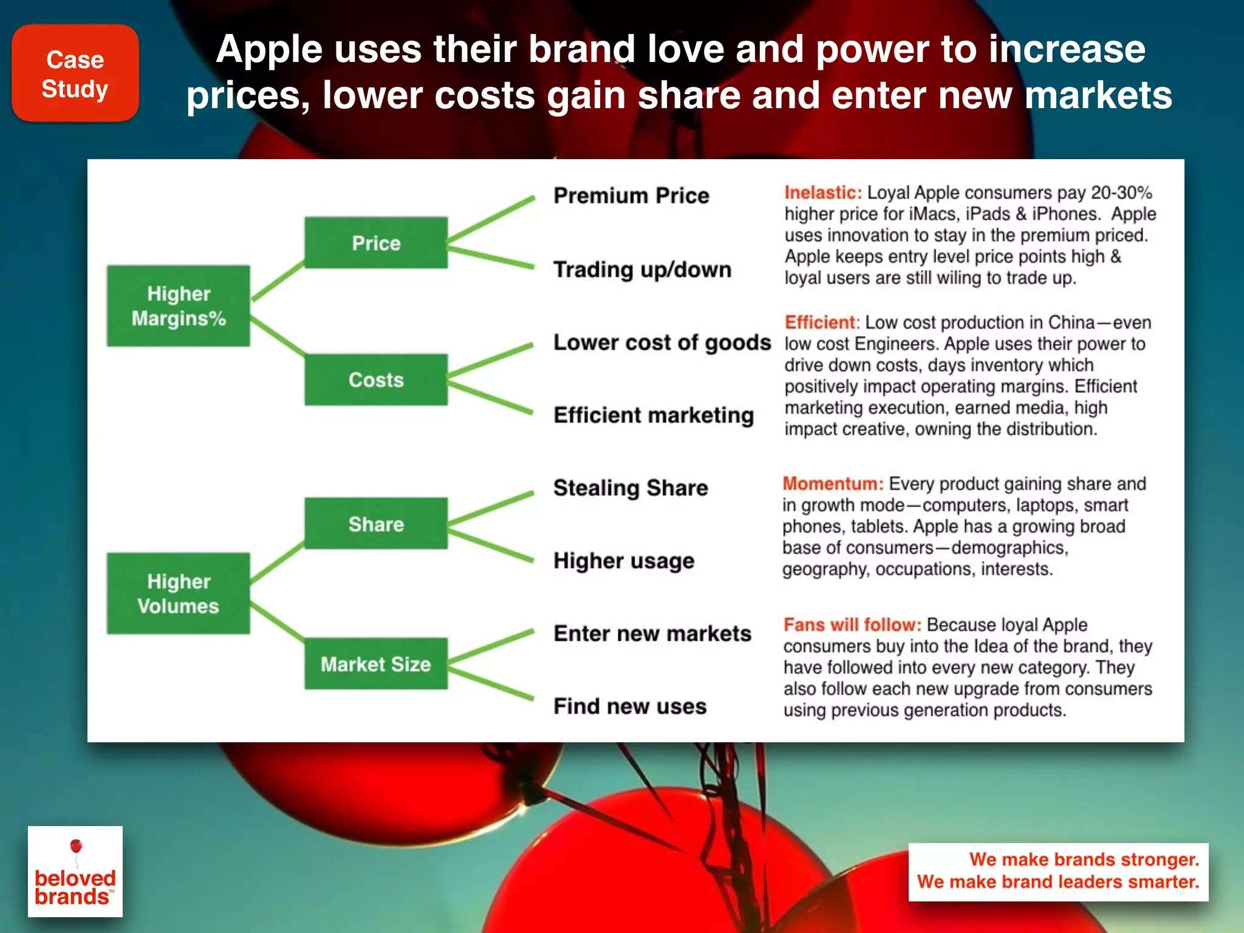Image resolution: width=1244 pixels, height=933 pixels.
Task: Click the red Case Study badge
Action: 75,73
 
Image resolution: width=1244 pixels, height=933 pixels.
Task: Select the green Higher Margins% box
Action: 179,306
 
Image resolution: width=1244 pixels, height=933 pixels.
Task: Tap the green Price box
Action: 376,243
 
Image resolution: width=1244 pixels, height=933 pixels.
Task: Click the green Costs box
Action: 376,380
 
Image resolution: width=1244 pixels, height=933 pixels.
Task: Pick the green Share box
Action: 376,524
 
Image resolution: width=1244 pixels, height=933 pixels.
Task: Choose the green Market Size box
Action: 376,663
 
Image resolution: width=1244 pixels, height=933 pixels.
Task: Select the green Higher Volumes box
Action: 179,593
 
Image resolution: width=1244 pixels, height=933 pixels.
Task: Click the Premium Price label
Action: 631,196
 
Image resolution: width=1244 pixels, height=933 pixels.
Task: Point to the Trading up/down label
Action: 642,269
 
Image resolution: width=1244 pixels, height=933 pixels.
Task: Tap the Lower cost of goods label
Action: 661,343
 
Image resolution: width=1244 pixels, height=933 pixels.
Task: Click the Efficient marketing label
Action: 654,415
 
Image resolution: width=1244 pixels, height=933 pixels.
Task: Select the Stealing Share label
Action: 631,488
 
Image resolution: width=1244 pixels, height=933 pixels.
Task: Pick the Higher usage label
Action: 624,561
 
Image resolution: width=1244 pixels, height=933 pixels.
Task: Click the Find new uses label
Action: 630,706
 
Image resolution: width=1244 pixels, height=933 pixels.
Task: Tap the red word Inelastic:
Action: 823,193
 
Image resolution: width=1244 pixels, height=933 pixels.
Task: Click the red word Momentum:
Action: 833,484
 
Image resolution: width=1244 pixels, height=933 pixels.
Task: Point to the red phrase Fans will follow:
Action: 852,624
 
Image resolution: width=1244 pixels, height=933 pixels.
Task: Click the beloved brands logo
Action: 75,872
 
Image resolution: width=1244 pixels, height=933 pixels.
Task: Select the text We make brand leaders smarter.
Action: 1058,882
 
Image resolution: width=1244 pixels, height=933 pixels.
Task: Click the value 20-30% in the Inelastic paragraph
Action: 1121,193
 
